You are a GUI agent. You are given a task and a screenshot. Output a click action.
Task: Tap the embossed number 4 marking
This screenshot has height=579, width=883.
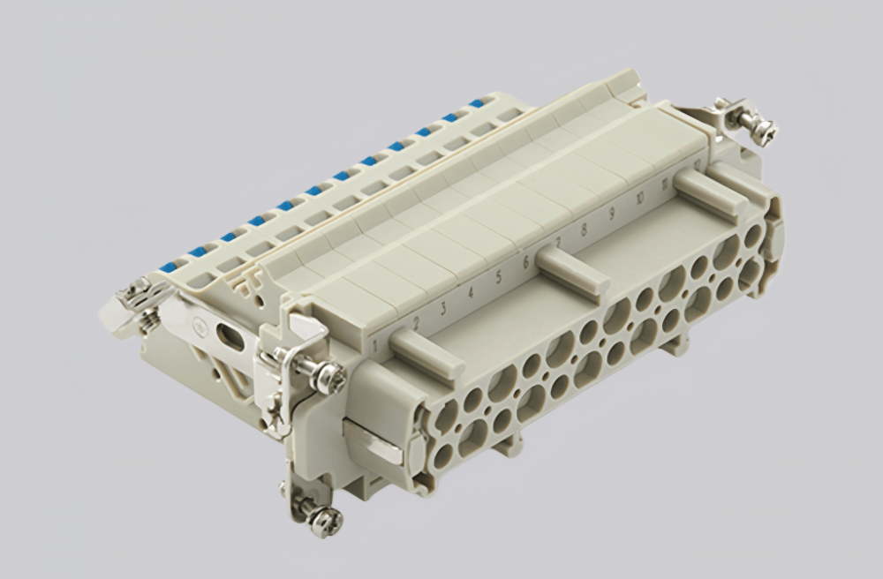click(x=471, y=291)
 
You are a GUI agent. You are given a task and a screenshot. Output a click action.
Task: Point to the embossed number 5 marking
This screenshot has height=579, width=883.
click(x=499, y=277)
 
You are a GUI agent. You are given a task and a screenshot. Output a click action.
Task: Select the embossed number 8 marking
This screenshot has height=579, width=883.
click(x=584, y=232)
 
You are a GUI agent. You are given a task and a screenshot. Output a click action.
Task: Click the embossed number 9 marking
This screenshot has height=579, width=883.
click(x=611, y=214)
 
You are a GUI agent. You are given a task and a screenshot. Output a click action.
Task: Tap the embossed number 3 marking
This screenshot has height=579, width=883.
click(x=442, y=307)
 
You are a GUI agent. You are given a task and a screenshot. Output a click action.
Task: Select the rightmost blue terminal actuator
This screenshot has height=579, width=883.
click(x=477, y=103)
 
